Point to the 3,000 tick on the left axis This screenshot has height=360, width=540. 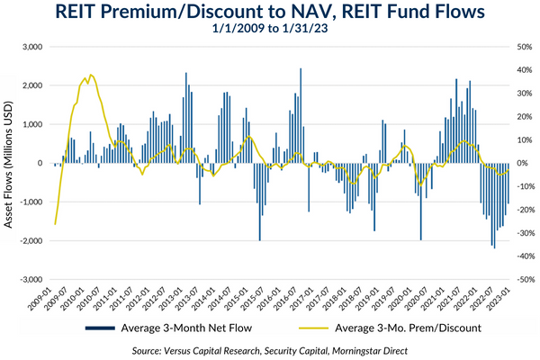tap(32, 47)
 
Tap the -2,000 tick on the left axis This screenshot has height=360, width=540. tap(31, 241)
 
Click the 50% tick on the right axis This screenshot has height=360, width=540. tap(503, 47)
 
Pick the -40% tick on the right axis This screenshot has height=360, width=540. tap(503, 256)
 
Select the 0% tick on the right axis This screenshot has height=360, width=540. tap(500, 164)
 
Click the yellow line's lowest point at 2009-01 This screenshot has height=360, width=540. tap(55, 223)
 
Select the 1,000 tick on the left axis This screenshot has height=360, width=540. tap(34, 124)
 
